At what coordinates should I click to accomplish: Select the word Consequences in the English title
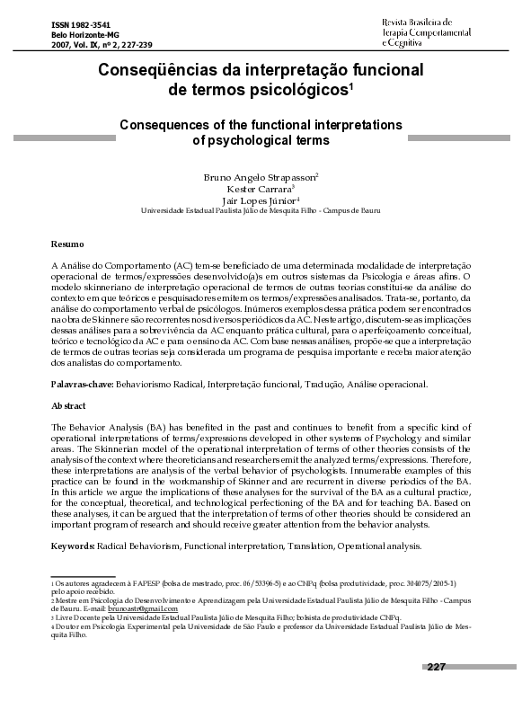(164, 125)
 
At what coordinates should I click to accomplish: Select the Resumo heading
(67, 244)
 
